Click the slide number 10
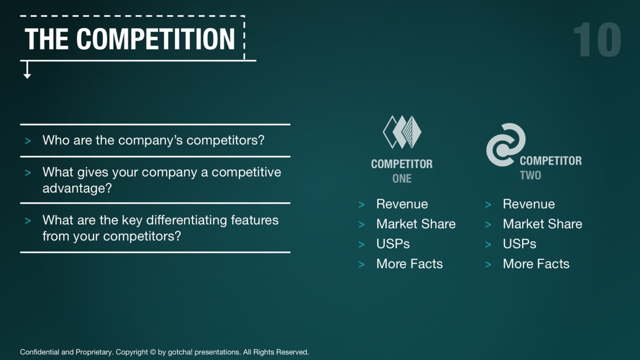pyautogui.click(x=597, y=39)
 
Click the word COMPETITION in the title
pyautogui.click(x=156, y=39)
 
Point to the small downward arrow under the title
pyautogui.click(x=27, y=70)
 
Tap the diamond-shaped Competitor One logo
pyautogui.click(x=402, y=132)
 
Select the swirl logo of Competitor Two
pyautogui.click(x=506, y=145)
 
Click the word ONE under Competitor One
pyautogui.click(x=402, y=179)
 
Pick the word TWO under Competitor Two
pyautogui.click(x=530, y=175)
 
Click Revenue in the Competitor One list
pyautogui.click(x=402, y=204)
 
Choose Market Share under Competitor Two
pyautogui.click(x=542, y=224)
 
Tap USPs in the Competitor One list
pyautogui.click(x=393, y=244)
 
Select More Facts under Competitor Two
pyautogui.click(x=536, y=264)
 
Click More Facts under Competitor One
pyautogui.click(x=409, y=264)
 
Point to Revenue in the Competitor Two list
pyautogui.click(x=529, y=204)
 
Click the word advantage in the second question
pyautogui.click(x=74, y=188)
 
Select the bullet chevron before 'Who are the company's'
pyautogui.click(x=28, y=141)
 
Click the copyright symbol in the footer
pyautogui.click(x=153, y=352)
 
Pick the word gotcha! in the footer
pyautogui.click(x=180, y=352)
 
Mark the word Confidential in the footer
pyautogui.click(x=39, y=352)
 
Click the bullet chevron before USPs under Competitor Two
pyautogui.click(x=488, y=245)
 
